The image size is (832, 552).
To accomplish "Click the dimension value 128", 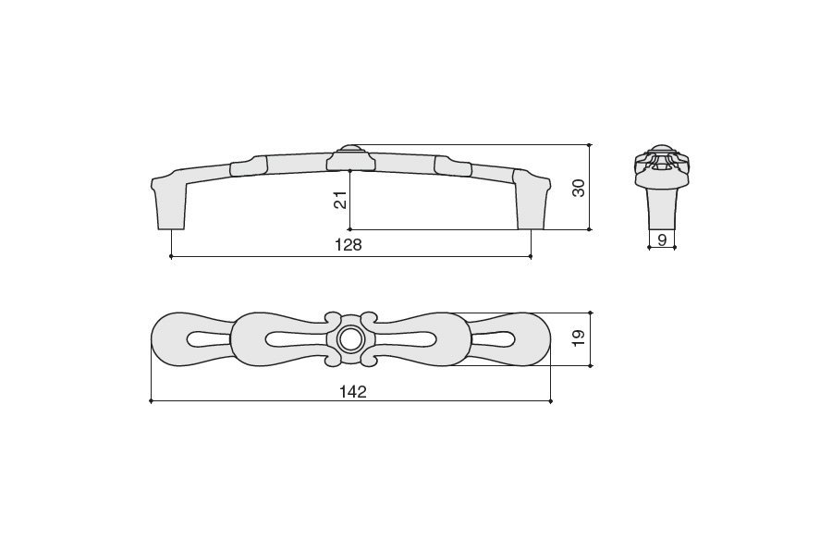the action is click(x=349, y=245).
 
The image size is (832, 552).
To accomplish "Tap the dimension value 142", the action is click(x=353, y=392).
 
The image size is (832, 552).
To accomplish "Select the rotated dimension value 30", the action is click(x=579, y=188).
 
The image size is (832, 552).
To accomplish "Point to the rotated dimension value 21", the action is click(x=340, y=200).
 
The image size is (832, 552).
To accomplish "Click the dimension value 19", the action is click(x=579, y=337).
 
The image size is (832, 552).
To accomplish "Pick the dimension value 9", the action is click(x=662, y=239).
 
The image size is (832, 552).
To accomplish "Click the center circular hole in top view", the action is click(x=349, y=339).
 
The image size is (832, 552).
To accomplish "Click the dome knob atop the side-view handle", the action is click(x=349, y=148).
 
